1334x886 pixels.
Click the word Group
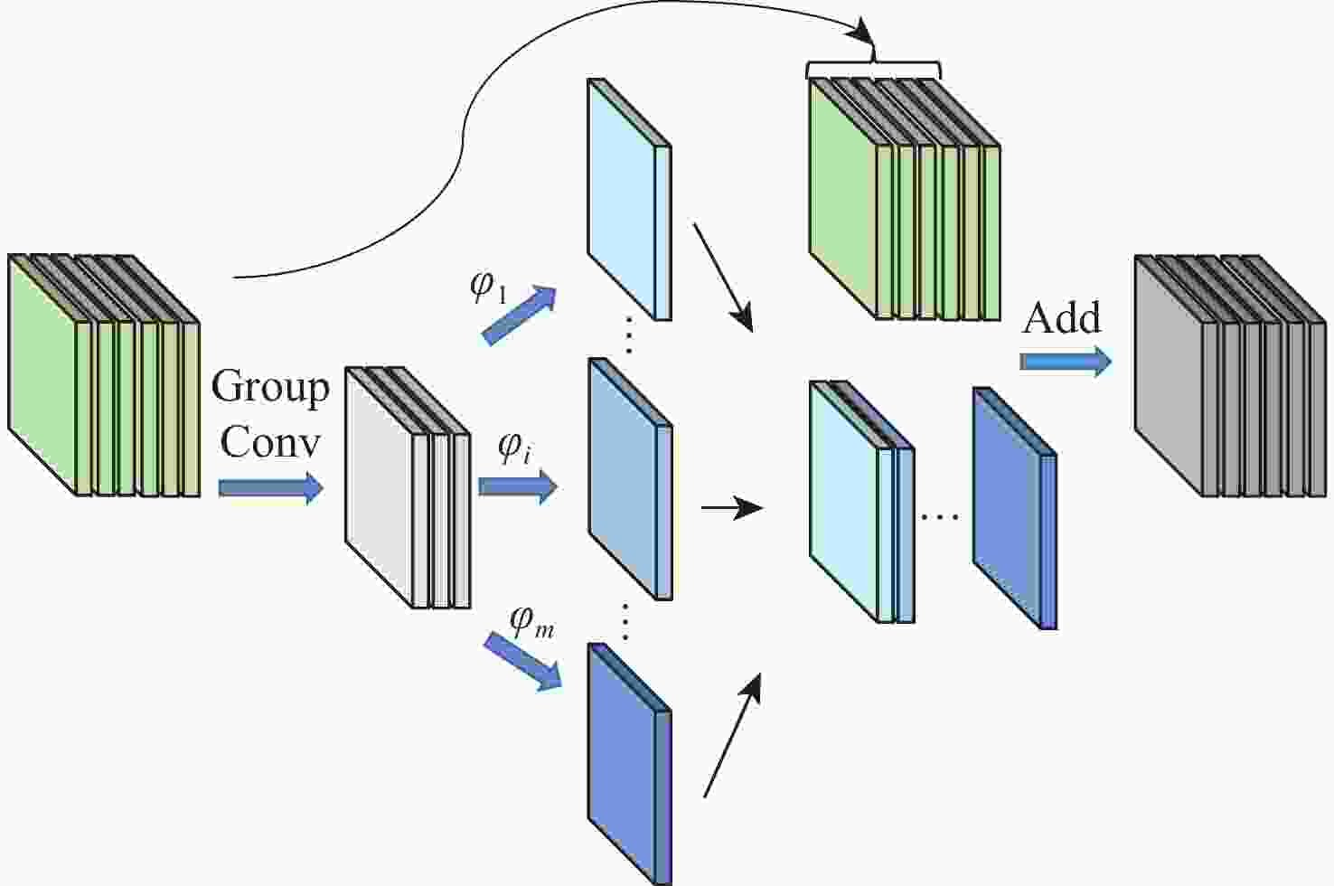270,388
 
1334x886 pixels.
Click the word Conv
270,442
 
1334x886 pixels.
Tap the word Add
1062,318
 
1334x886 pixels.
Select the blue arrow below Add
1065,362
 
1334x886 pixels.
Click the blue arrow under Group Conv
270,488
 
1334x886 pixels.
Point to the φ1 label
489,287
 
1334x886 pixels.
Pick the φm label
531,621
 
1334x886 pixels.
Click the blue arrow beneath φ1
519,316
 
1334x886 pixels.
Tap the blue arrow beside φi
517,487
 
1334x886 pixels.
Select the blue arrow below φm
522,661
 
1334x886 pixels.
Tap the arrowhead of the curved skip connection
869,36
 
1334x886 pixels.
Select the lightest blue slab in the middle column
628,199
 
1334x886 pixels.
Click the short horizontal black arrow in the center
732,508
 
